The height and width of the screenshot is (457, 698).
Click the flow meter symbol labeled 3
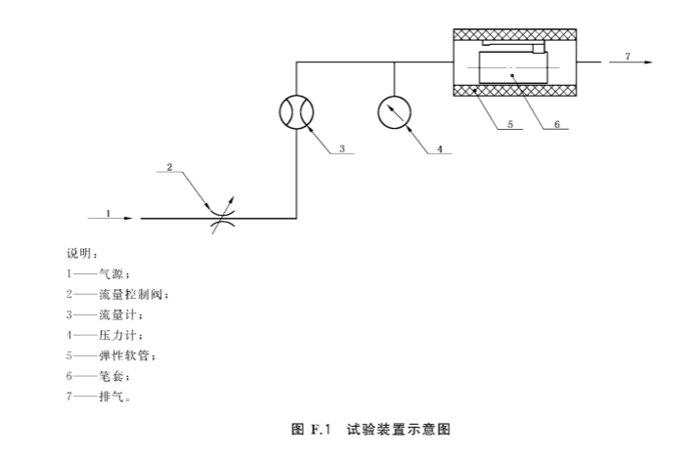click(295, 111)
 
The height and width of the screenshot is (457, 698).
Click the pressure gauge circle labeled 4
click(394, 111)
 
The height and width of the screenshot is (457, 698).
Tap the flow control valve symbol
click(220, 217)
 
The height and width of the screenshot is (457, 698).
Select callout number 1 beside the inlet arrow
click(109, 211)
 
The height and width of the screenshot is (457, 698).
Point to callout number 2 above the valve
click(169, 167)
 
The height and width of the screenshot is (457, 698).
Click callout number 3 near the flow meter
click(342, 149)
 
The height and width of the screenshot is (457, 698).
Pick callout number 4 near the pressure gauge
click(440, 149)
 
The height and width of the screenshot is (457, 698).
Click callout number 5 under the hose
click(509, 126)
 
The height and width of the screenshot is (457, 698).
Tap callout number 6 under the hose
click(557, 126)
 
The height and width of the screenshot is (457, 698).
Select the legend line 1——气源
click(98, 273)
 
